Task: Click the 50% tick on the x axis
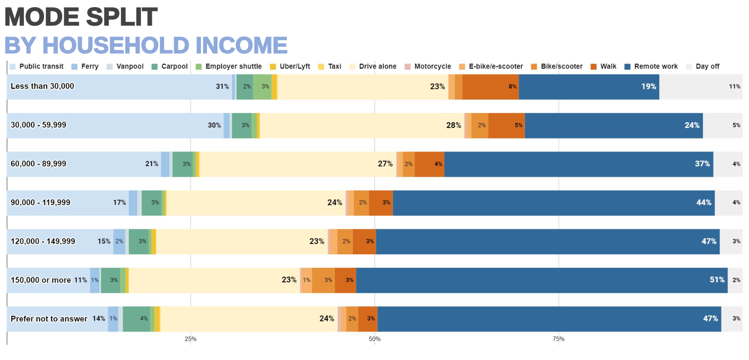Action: pos(375,339)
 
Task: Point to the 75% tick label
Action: pos(558,339)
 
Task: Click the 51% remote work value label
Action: pos(717,280)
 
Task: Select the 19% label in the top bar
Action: pos(648,86)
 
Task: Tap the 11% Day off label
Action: pos(734,86)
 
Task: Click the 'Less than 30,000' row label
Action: pos(42,86)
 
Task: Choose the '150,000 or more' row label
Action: pos(41,280)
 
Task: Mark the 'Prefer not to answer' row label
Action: pos(49,319)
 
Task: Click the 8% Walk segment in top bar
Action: pos(491,87)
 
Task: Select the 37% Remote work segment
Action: pos(579,164)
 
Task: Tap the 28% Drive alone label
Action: pos(453,125)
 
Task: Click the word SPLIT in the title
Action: pos(122,17)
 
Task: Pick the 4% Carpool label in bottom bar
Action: pos(144,319)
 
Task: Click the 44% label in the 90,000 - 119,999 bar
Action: pos(704,203)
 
